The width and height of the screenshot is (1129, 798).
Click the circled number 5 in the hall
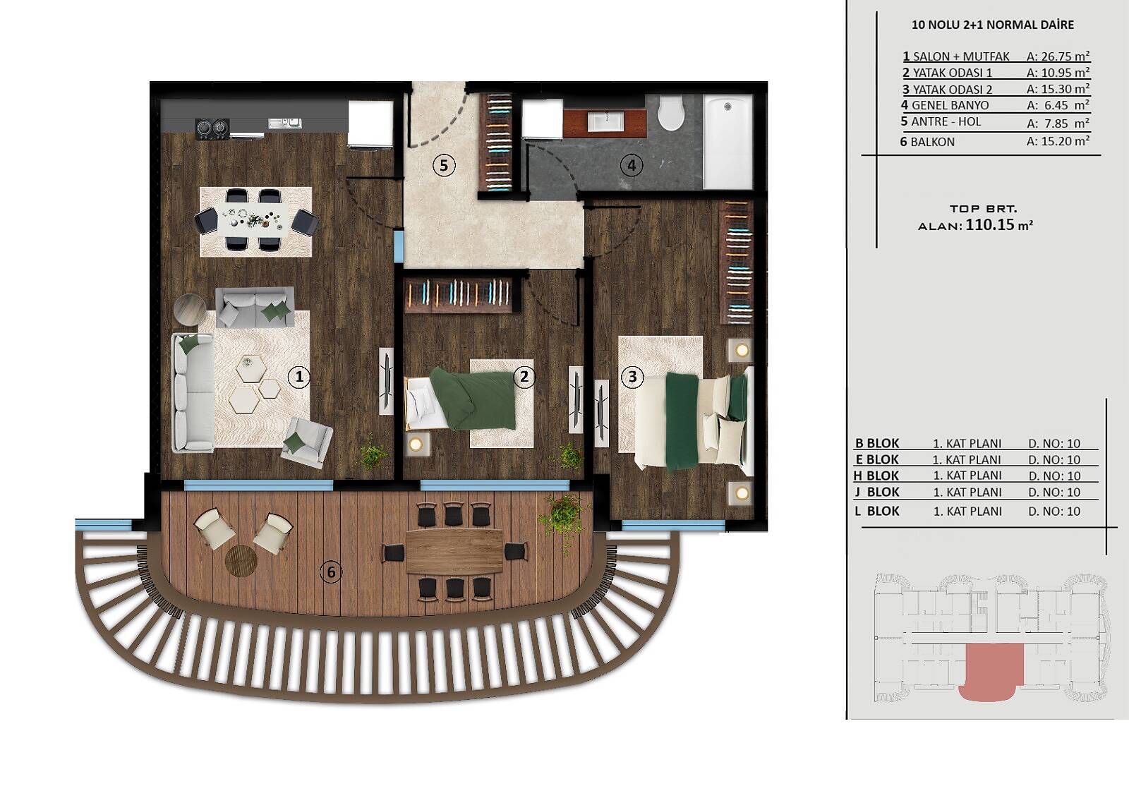coord(444,165)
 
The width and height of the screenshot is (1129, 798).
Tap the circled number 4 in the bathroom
coord(632,165)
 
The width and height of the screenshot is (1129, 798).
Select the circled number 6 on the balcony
coord(331,572)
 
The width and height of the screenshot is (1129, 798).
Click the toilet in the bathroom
coord(671,113)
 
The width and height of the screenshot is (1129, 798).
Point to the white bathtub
coord(728,142)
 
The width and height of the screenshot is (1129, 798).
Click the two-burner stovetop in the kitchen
coord(212,128)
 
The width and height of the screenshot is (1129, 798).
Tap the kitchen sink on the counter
coord(285,123)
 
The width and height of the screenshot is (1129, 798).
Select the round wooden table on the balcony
coord(241,560)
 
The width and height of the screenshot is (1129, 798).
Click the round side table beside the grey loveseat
coord(190,309)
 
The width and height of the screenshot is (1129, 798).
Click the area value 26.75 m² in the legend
coord(1058,56)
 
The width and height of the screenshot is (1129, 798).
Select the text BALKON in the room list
coord(932,142)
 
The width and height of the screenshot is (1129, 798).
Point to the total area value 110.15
coord(990,224)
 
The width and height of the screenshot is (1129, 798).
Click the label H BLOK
coord(876,476)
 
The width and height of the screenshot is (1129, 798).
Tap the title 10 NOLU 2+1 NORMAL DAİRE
coord(992,25)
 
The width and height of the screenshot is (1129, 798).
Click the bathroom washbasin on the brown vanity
coord(605,121)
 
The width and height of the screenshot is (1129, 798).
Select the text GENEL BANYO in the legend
coord(950,105)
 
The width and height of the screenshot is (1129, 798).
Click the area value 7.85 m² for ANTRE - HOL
coord(1058,123)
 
